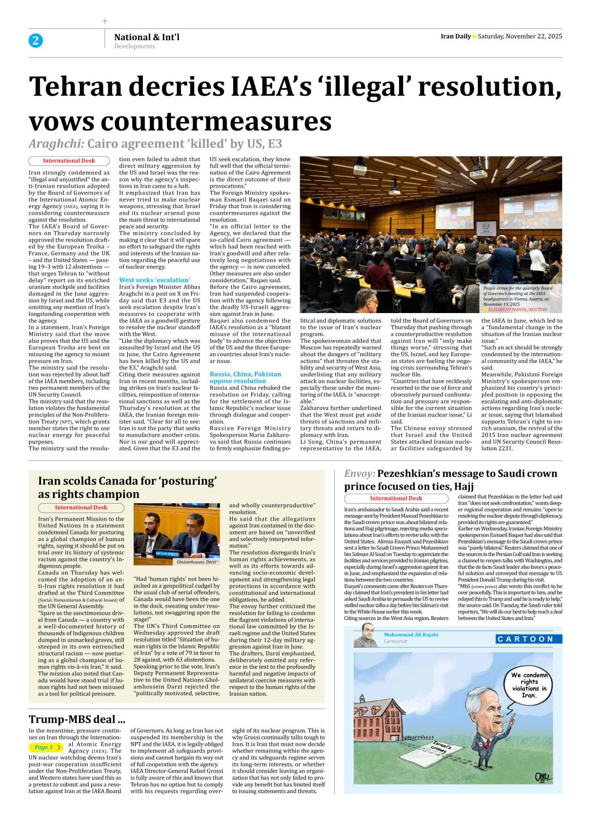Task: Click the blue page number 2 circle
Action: pos(35,41)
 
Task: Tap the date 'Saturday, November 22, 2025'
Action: pos(520,36)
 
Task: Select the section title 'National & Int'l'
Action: pos(147,37)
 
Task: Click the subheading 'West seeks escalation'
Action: pos(154,280)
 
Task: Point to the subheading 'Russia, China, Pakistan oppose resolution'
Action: pos(245,377)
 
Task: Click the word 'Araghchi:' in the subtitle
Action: pos(56,144)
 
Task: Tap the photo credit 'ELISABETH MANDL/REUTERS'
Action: pos(517,310)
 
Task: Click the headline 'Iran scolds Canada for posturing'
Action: pos(127,487)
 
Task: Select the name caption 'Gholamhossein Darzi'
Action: pos(196,562)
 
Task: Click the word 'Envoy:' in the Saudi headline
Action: pos(359,473)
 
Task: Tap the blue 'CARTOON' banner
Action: pos(529,639)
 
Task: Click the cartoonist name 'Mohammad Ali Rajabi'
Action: pos(410,635)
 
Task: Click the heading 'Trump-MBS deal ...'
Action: pos(77,719)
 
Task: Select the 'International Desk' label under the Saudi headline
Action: pos(396,498)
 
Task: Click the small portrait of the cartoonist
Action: pos(366,636)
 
